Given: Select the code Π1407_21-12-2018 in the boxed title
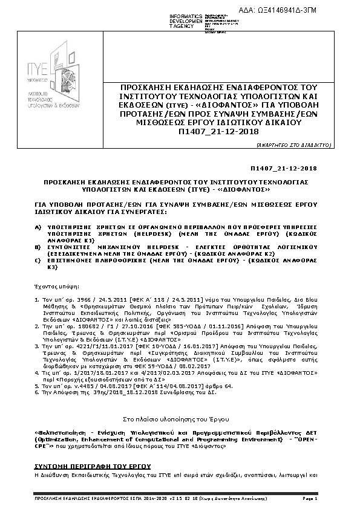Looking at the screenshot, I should tap(223, 131).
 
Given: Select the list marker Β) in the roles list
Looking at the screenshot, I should tap(38, 248).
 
